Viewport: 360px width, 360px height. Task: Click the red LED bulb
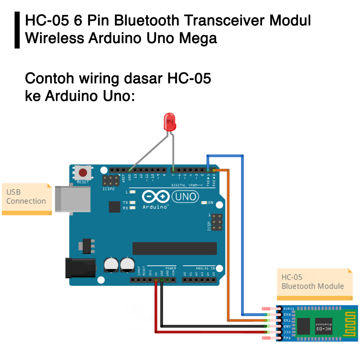(169, 121)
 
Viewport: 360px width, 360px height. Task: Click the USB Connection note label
(26, 197)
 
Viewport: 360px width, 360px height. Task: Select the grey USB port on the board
(72, 199)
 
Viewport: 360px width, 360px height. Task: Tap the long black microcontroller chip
(175, 248)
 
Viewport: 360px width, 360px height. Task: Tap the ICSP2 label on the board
(109, 189)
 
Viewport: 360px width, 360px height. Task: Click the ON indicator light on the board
(204, 203)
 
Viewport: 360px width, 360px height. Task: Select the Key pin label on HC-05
(287, 338)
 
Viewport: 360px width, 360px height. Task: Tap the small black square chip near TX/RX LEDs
(115, 207)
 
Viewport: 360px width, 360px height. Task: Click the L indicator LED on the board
(133, 192)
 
